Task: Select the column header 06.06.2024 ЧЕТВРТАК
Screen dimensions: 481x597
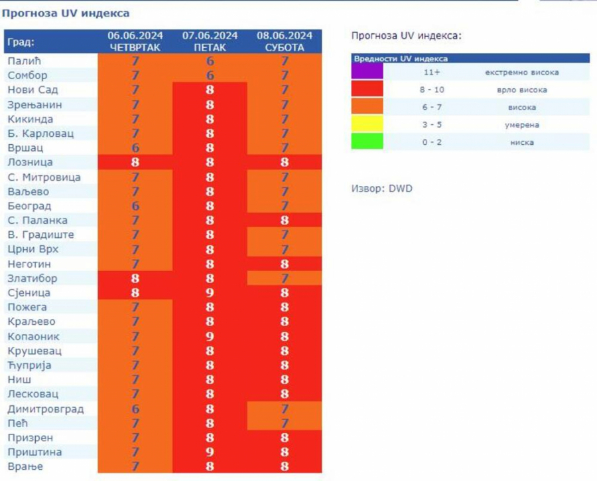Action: [x=135, y=41]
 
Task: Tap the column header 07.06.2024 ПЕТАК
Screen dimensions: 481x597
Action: [x=210, y=41]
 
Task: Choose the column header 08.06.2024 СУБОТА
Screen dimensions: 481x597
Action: [x=285, y=41]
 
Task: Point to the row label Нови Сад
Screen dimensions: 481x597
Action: [x=33, y=90]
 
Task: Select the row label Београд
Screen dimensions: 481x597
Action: [x=30, y=206]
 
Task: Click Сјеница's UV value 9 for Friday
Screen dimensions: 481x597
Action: [x=210, y=293]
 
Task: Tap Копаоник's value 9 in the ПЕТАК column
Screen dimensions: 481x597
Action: [x=210, y=336]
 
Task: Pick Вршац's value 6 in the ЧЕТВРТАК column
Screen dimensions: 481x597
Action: [x=135, y=148]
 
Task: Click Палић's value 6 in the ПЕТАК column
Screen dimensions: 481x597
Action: [x=210, y=61]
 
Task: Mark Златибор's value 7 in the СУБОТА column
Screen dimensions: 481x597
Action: [x=285, y=278]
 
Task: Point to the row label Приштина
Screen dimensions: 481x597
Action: [x=34, y=452]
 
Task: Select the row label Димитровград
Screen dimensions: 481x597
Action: [x=46, y=409]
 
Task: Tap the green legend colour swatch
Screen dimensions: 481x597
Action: [x=367, y=142]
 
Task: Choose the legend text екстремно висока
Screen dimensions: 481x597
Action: [x=521, y=72]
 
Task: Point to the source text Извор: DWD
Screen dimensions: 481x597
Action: [x=381, y=189]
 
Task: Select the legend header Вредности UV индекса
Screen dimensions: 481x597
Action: [x=400, y=58]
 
